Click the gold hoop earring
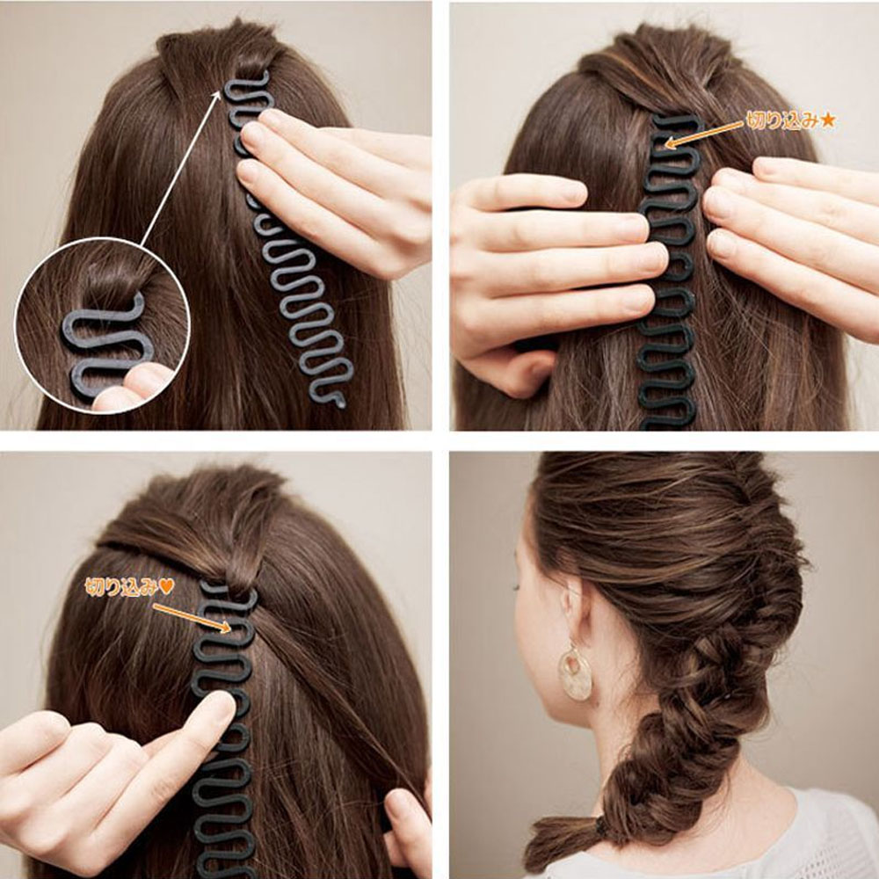coord(576,672)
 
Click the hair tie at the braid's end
coord(602,826)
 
